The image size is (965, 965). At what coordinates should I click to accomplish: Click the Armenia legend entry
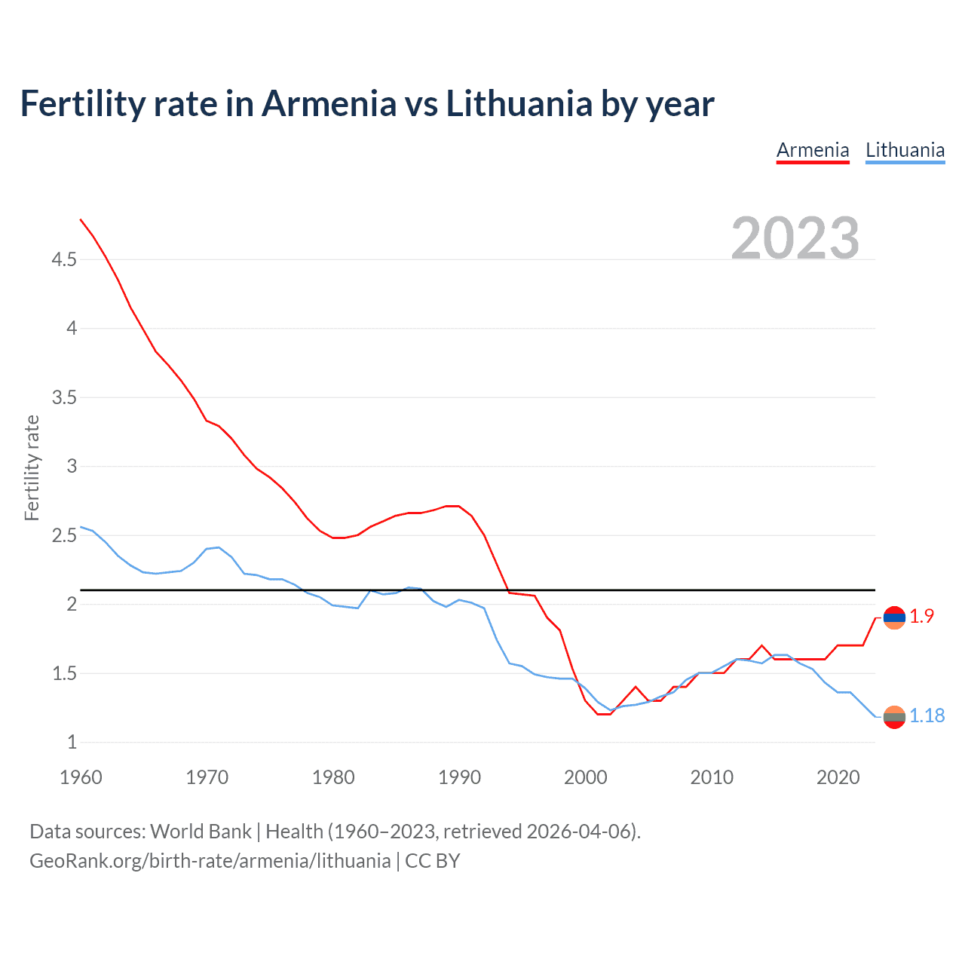[x=813, y=150]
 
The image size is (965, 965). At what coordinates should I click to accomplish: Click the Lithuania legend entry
[x=905, y=150]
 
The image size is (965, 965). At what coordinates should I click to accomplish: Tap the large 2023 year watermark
[x=795, y=238]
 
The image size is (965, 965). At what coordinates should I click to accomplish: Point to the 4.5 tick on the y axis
[x=64, y=260]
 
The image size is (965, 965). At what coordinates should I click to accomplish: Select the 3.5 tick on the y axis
[x=64, y=397]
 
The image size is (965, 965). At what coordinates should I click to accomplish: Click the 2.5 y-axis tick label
[x=64, y=536]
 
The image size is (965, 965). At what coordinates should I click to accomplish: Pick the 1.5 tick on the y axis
[x=64, y=673]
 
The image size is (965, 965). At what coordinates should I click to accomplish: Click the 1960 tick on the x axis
[x=81, y=777]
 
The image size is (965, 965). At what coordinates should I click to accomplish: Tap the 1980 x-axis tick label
[x=333, y=777]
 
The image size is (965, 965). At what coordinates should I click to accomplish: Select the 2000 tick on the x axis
[x=586, y=777]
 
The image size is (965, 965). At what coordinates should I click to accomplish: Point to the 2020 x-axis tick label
[x=838, y=777]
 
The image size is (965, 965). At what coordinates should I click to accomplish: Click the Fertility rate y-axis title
[x=32, y=467]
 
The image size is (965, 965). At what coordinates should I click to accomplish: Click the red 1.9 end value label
[x=921, y=617]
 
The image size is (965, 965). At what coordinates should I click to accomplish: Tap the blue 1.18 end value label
[x=927, y=716]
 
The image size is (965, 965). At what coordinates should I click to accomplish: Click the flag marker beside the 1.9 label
[x=894, y=617]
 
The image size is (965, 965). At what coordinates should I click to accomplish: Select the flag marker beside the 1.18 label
[x=894, y=717]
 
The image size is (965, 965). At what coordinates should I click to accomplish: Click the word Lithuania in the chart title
[x=519, y=104]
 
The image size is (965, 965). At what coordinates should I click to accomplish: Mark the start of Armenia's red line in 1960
[x=81, y=219]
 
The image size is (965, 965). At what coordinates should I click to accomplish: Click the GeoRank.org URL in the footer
[x=210, y=861]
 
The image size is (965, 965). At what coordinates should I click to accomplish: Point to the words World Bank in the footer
[x=201, y=832]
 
